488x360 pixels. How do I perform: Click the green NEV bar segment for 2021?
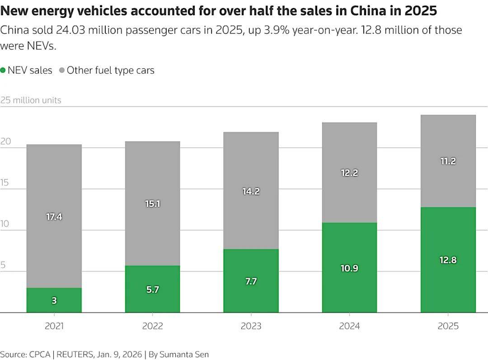point(54,300)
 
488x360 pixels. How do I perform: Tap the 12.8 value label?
point(448,260)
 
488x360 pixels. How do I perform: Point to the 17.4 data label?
point(54,217)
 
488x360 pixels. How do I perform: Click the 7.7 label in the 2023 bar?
point(251,281)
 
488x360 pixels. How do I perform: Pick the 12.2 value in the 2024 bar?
point(349,173)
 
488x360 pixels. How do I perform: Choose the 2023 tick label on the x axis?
point(251,326)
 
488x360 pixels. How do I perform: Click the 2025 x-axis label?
point(448,326)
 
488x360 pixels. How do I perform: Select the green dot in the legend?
point(3,70)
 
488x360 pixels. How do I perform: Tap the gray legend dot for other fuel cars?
point(62,70)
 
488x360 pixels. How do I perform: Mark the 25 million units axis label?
point(31,100)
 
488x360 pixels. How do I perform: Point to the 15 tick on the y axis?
point(5,183)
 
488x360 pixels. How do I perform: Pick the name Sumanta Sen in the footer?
point(184,354)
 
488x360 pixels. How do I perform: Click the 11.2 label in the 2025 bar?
point(448,161)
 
